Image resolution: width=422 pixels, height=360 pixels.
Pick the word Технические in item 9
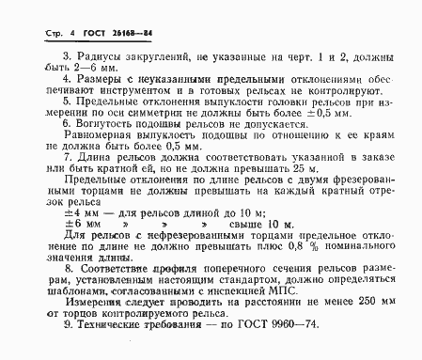106,349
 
